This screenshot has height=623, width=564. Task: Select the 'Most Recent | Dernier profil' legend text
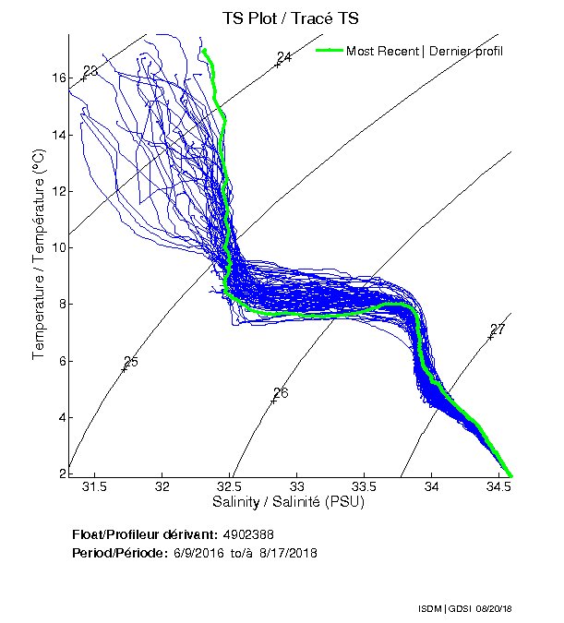425,51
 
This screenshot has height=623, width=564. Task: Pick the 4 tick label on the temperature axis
62,417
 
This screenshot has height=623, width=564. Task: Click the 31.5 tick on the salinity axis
95,486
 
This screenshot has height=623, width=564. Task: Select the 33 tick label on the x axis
297,486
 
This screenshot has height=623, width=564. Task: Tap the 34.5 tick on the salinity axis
499,486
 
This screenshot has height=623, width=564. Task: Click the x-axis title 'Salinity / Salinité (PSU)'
289,503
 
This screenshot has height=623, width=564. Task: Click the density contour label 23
90,71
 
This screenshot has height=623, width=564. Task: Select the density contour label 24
284,57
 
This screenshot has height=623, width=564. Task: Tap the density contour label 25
131,361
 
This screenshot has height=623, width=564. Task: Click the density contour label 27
498,329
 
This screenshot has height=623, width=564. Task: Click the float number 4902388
248,534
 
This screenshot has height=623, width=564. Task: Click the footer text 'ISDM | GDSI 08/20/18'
464,609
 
